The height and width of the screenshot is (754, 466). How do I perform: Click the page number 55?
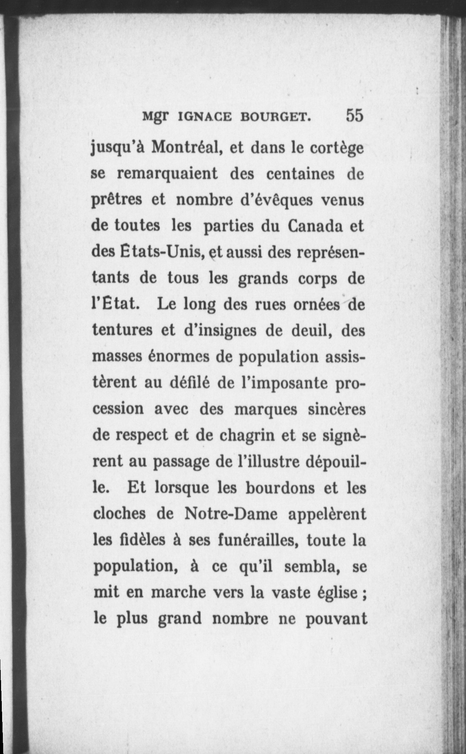pyautogui.click(x=354, y=115)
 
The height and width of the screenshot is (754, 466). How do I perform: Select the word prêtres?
pyautogui.click(x=117, y=201)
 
